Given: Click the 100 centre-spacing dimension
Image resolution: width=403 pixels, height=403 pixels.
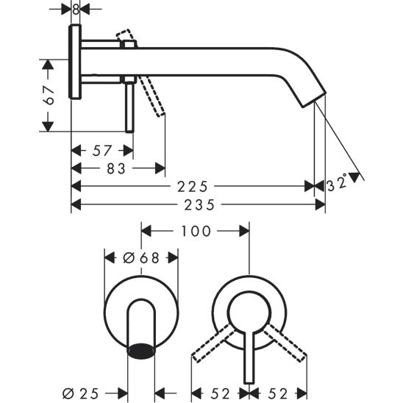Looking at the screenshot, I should [195, 231].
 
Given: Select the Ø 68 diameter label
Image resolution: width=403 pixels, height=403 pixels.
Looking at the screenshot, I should [141, 257].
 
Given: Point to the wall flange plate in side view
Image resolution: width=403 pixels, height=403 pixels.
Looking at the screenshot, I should [76, 63].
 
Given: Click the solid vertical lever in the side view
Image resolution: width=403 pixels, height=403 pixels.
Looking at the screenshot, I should [130, 107].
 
